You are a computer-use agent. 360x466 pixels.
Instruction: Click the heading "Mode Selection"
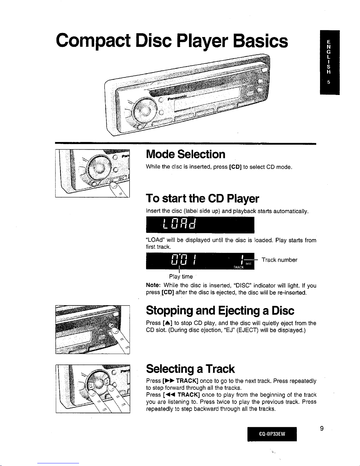(185, 154)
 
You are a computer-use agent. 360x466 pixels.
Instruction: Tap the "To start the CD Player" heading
(202, 198)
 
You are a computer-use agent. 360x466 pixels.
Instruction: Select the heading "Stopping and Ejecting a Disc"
(220, 311)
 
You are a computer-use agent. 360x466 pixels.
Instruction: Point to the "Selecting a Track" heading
(190, 369)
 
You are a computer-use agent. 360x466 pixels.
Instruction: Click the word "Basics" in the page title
(260, 41)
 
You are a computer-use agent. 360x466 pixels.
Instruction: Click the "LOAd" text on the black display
(179, 224)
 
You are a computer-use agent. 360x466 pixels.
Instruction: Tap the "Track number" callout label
(279, 260)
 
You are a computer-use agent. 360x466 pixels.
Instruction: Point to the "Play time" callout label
(181, 277)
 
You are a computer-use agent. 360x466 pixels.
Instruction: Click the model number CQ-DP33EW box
(272, 434)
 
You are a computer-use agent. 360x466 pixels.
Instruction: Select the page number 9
(322, 428)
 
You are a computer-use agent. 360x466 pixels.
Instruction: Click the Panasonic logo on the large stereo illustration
(177, 98)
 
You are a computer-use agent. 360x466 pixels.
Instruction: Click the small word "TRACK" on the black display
(239, 267)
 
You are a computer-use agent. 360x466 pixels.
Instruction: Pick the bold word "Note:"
(153, 285)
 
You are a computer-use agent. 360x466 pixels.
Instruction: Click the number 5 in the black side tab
(329, 82)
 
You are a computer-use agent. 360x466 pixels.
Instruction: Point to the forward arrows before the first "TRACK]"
(169, 381)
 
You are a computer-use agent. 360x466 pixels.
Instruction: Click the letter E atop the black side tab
(329, 42)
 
